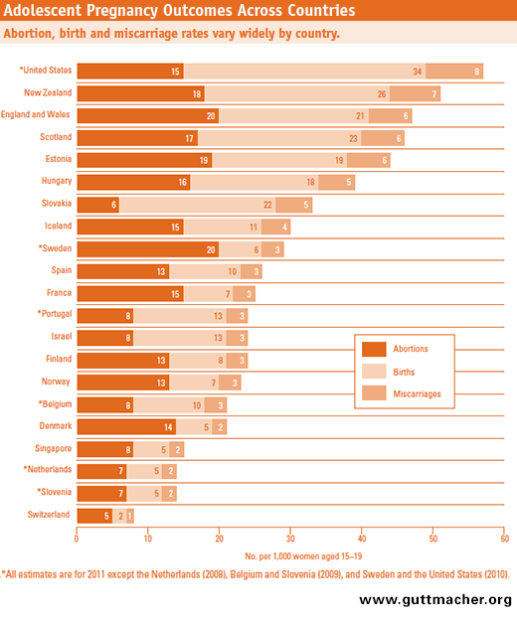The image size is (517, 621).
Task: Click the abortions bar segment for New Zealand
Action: [140, 93]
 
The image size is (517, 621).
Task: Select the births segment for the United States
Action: [304, 72]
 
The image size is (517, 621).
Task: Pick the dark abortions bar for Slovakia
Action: [97, 205]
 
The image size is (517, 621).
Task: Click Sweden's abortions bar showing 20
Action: [147, 248]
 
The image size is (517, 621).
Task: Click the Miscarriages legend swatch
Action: [375, 394]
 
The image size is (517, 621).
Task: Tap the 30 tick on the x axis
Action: [290, 540]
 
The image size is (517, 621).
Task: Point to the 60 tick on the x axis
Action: [504, 540]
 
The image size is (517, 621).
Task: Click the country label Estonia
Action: [54, 159]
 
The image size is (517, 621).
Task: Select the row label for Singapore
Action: [50, 448]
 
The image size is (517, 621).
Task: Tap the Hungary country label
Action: [53, 182]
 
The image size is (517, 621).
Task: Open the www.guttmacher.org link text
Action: [435, 600]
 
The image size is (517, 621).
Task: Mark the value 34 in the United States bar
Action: [418, 72]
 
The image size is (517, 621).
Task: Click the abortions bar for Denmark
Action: [126, 426]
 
